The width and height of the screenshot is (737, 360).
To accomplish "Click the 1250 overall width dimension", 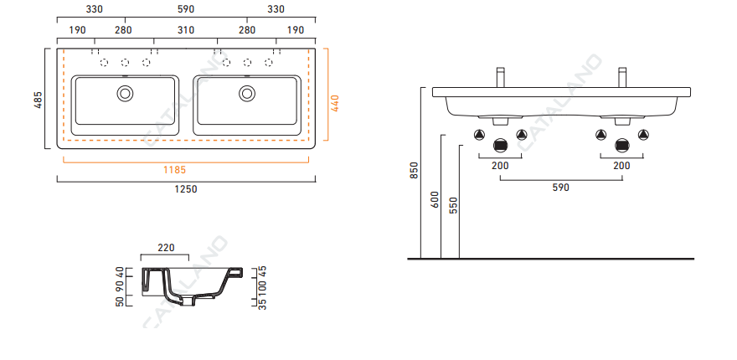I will tap(186, 189).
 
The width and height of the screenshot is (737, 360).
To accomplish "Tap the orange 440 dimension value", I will tap(335, 103).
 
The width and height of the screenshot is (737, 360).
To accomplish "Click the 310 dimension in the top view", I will tap(186, 30).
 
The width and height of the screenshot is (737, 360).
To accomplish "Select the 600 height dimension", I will tap(434, 199).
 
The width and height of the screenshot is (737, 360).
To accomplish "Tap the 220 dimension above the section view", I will tap(165, 248).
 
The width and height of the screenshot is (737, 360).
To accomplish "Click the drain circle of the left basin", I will tap(125, 92).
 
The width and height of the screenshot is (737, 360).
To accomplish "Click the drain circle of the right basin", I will tap(247, 92).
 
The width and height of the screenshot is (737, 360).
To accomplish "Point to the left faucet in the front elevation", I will tap(500, 77).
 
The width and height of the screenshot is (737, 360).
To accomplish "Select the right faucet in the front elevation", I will tap(622, 77).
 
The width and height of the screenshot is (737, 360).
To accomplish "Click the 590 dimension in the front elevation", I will tap(560, 188).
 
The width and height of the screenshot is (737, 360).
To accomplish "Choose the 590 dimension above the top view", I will tap(186, 9).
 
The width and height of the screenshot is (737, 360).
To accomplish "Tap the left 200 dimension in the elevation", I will tap(500, 166).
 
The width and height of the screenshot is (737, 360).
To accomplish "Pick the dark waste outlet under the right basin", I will tap(621, 144).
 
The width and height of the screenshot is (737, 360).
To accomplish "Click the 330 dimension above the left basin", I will tap(94, 9).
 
